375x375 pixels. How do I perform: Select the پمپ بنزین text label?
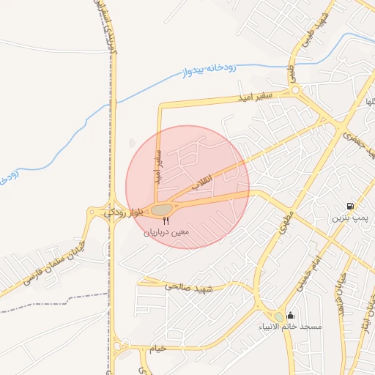[347, 218]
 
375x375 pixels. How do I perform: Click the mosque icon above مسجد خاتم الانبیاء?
[291, 315]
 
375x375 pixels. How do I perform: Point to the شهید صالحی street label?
[188, 288]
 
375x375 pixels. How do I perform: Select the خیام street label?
[157, 348]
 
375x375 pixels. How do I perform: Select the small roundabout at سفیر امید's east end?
[296, 90]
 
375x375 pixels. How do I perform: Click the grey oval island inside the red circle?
[160, 210]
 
